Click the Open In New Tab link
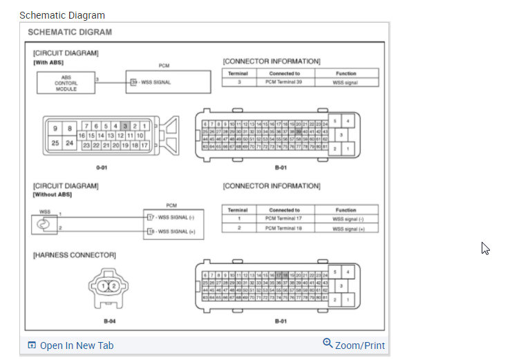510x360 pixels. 76,345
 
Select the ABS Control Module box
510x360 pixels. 66,83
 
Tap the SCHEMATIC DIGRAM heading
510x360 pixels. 70,32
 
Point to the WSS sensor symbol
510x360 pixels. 45,223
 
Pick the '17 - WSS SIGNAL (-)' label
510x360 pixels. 170,217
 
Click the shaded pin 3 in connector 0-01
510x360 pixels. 125,126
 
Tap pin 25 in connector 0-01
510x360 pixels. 55,143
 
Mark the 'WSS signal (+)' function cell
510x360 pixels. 346,228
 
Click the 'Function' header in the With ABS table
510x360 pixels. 346,73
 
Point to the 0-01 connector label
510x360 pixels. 102,167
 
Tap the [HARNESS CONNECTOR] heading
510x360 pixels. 75,256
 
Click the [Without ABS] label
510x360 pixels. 53,194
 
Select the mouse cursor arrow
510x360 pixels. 485,248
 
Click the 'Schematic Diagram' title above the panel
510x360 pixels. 62,15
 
